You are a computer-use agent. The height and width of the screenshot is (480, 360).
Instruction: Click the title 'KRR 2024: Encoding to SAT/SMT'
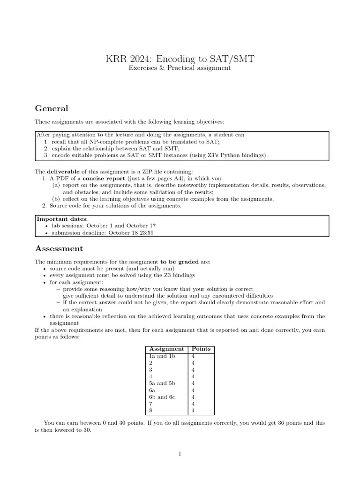pyautogui.click(x=180, y=59)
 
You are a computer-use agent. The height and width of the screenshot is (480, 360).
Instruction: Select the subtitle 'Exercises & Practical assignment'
pyautogui.click(x=180, y=68)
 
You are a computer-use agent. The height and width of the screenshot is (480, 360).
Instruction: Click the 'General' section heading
pyautogui.click(x=52, y=108)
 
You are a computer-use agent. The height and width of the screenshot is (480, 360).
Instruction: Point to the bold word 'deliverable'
pyautogui.click(x=62, y=172)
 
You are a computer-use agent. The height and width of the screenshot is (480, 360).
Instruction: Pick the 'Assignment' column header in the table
pyautogui.click(x=166, y=349)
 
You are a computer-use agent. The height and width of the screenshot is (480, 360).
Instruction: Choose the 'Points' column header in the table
pyautogui.click(x=201, y=349)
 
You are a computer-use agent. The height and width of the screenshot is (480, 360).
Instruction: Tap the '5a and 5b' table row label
pyautogui.click(x=162, y=383)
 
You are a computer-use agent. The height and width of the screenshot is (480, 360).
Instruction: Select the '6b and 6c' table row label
pyautogui.click(x=162, y=397)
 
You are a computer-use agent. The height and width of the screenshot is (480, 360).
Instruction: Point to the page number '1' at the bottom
pyautogui.click(x=180, y=454)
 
